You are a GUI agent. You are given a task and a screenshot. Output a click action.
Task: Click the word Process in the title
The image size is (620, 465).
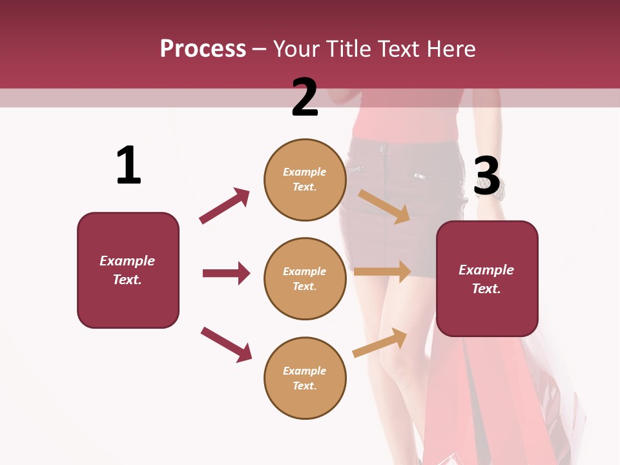coord(203,49)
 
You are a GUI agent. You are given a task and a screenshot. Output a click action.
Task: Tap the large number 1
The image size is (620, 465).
coord(129,165)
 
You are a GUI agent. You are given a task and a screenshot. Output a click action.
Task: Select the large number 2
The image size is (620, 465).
coord(305,98)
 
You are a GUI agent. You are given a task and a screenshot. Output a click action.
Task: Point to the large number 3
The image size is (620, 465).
coord(487,176)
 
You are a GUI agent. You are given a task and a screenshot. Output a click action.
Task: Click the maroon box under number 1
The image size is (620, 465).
coord(128,270)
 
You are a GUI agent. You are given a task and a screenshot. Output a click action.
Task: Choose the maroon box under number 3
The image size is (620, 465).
coord(487,278)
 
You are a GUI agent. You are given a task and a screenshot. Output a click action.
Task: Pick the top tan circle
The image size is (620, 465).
coord(305,180)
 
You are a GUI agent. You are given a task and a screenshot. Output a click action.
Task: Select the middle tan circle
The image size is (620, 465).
coord(305,278)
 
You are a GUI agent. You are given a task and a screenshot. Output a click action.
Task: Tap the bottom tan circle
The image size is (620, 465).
coord(305,378)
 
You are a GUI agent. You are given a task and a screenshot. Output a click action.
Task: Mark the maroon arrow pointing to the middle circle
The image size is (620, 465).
coord(226,273)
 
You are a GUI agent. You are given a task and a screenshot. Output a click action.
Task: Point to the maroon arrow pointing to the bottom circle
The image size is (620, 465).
coord(226,344)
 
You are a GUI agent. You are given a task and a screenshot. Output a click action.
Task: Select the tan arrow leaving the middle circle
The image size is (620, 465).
coord(382,271)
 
